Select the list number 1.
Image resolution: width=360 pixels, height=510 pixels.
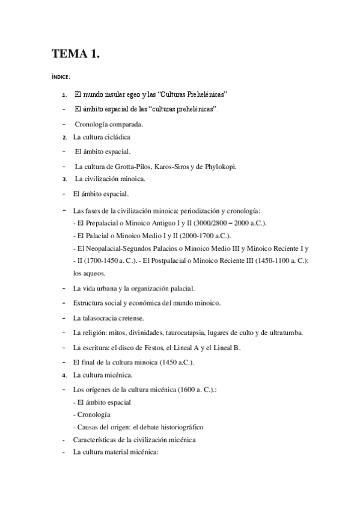pos(64,95)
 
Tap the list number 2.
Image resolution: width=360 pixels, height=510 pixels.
pos(64,137)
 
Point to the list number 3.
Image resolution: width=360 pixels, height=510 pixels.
pos(64,179)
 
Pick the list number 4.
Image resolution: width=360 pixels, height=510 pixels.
pos(64,375)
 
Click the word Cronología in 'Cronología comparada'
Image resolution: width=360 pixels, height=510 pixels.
pos(93,124)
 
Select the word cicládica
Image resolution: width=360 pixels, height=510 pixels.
pos(117,137)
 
